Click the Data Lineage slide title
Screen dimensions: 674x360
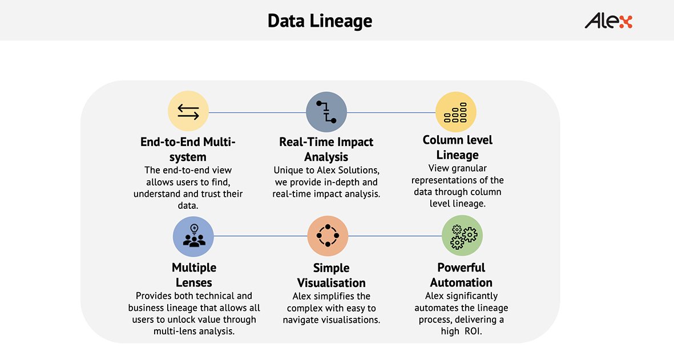tap(320, 21)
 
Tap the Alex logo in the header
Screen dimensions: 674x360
tap(608, 21)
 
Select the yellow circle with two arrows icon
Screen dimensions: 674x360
tap(188, 111)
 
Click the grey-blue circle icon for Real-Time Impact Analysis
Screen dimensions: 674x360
tap(326, 112)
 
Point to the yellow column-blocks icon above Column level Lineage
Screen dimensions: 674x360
tap(455, 112)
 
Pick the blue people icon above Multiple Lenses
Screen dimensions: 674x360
tap(193, 236)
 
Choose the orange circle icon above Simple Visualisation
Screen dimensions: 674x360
tap(328, 236)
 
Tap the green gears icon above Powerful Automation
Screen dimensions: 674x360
tap(462, 236)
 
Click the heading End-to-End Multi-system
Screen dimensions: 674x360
tap(188, 149)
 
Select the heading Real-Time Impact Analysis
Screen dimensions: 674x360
tap(326, 149)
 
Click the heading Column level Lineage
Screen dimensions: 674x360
tap(457, 147)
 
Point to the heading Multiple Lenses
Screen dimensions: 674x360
tap(194, 275)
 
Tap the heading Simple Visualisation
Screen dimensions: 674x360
tap(332, 276)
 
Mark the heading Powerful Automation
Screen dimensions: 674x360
tap(461, 275)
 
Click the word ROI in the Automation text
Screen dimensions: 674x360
tap(473, 331)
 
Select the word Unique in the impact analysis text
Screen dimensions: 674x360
tap(288, 171)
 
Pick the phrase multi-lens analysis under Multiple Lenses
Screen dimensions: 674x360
tap(194, 331)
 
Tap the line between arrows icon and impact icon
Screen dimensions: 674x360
tap(257, 112)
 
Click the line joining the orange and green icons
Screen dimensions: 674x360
tap(395, 236)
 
